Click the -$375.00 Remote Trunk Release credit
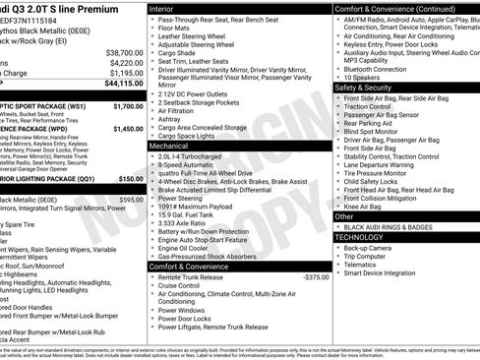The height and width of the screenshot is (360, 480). (x=315, y=277)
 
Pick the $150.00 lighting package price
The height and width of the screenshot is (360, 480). (x=131, y=179)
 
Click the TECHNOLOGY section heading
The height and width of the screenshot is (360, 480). (x=359, y=237)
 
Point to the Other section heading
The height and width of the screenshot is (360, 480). (x=344, y=216)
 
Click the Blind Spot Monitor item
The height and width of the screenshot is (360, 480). (x=378, y=132)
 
